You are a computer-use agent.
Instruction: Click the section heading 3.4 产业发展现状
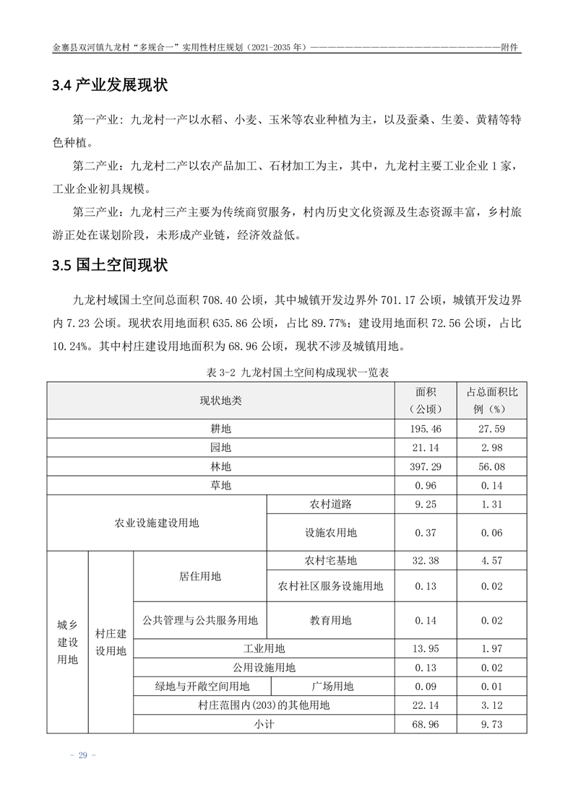(110, 86)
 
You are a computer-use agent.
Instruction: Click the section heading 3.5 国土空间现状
(110, 265)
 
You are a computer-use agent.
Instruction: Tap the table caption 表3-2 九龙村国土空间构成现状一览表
(287, 373)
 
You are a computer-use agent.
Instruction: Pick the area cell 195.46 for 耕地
(426, 429)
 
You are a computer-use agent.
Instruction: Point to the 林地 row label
(220, 466)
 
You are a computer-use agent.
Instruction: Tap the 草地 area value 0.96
(426, 485)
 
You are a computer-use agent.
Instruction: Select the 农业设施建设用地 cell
(157, 523)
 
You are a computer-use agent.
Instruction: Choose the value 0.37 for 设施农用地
(426, 533)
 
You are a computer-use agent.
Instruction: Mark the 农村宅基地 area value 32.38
(426, 560)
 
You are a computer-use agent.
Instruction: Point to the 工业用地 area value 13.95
(426, 648)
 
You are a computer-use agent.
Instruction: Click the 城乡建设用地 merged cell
(67, 642)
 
